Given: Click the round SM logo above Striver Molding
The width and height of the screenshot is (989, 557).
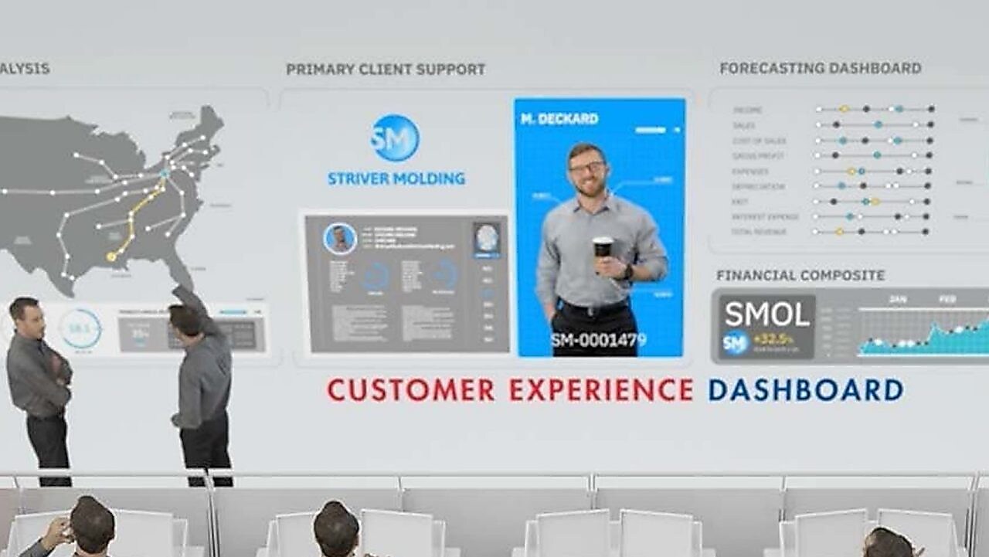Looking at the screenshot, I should tap(395, 138).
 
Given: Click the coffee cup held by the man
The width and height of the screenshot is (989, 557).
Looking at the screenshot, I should tap(603, 247).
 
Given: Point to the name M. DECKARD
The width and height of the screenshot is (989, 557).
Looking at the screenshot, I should tap(559, 119).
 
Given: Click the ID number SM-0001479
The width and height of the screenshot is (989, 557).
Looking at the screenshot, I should tap(599, 339).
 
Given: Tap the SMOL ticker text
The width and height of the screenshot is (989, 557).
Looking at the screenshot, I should tap(766, 314).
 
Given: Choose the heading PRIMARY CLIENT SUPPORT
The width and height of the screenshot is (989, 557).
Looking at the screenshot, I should tap(386, 70).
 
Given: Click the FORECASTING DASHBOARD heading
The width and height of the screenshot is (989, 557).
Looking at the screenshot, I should tap(820, 68).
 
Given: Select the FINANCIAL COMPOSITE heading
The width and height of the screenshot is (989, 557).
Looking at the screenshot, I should tap(800, 275).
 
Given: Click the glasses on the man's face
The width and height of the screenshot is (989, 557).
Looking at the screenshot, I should tap(587, 166).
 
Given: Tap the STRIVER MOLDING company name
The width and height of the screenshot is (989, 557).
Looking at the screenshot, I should tap(396, 179).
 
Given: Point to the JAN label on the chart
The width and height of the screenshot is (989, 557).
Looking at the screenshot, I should tap(897, 299).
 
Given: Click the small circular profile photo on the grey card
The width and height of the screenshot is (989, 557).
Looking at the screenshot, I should tap(340, 239).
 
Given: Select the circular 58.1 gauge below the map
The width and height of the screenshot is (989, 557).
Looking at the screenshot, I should tap(80, 328).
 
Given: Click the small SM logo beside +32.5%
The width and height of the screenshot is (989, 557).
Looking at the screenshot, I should tap(735, 341).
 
